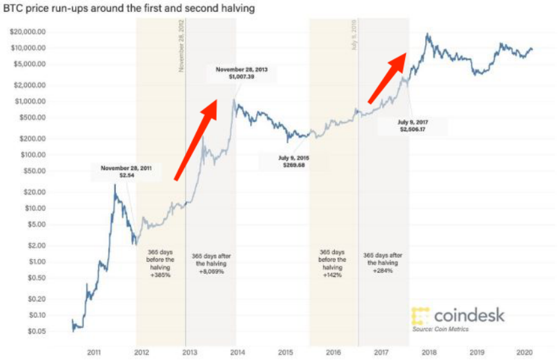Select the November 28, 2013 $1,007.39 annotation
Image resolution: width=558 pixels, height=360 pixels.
pyautogui.click(x=241, y=73)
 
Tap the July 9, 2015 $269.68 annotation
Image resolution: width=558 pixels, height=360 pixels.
pyautogui.click(x=293, y=161)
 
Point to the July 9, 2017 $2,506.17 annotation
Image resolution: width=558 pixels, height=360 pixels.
pyautogui.click(x=412, y=126)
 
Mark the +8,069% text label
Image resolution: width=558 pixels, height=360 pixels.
pyautogui.click(x=211, y=271)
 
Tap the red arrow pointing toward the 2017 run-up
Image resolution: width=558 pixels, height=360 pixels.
pyautogui.click(x=387, y=78)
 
